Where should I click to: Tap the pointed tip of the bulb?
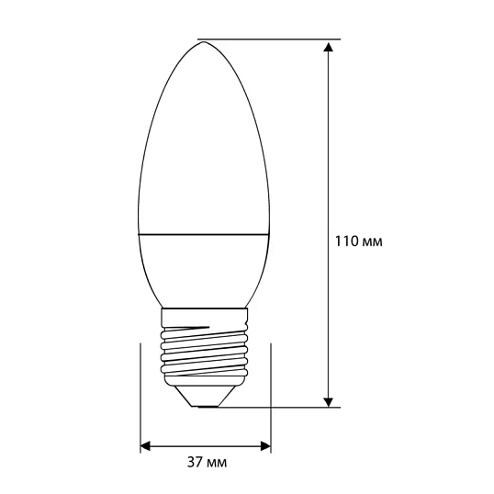pyautogui.click(x=200, y=41)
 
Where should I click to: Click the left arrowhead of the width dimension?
pyautogui.click(x=146, y=446)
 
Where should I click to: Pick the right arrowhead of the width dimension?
pyautogui.click(x=265, y=446)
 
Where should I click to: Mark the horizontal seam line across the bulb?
pyautogui.click(x=205, y=233)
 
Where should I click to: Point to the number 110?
pyautogui.click(x=346, y=243)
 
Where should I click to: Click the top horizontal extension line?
pyautogui.click(x=275, y=39)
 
